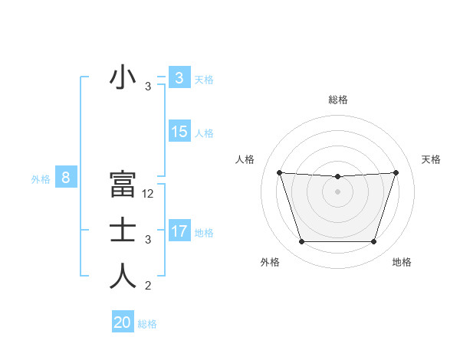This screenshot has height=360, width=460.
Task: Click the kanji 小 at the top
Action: click(x=123, y=78)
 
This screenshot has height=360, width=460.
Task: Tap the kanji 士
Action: click(x=123, y=231)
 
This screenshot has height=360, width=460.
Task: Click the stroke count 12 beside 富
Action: click(x=148, y=194)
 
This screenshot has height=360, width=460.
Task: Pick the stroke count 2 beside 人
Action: click(x=148, y=286)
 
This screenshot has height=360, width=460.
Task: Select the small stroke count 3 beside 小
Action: click(x=148, y=87)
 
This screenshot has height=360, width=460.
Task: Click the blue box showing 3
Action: click(x=179, y=78)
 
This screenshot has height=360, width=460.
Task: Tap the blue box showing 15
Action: click(x=179, y=132)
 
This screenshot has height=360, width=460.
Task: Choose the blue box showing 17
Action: click(x=179, y=231)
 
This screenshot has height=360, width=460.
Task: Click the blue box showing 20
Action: click(x=123, y=322)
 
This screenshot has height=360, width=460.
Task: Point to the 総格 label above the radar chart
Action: click(x=337, y=100)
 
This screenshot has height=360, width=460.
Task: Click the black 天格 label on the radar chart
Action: click(x=432, y=159)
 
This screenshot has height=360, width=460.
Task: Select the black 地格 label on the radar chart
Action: click(x=402, y=262)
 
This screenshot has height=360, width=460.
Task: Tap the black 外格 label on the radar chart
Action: click(x=270, y=262)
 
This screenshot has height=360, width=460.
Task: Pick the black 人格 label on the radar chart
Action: click(x=245, y=159)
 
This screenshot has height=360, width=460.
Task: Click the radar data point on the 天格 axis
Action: click(x=396, y=172)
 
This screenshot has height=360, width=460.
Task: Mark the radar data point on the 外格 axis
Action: click(x=301, y=242)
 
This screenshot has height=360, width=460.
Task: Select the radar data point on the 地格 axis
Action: click(x=373, y=242)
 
